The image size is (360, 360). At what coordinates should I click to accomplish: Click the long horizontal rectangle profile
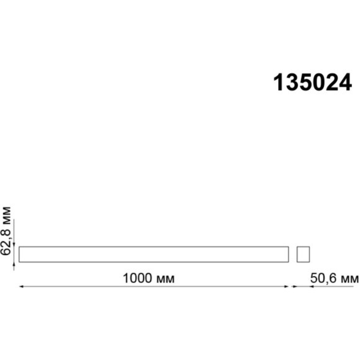click(x=154, y=254)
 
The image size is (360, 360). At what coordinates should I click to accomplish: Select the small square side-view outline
click(x=302, y=254)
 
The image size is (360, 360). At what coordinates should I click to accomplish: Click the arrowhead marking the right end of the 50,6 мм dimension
click(x=357, y=287)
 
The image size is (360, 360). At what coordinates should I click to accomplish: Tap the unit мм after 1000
click(x=164, y=278)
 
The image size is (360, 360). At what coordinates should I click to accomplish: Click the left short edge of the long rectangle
click(x=19, y=254)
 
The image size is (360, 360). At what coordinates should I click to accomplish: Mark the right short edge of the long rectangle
click(x=289, y=254)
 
